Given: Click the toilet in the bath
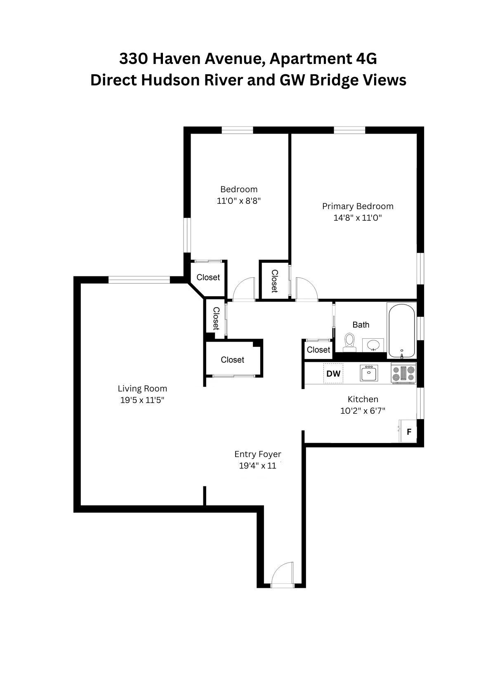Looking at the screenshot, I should pyautogui.click(x=350, y=342).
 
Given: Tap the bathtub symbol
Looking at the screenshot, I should pyautogui.click(x=401, y=330).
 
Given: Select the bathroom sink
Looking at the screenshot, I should pyautogui.click(x=374, y=345).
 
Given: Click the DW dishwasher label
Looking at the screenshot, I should pyautogui.click(x=333, y=374).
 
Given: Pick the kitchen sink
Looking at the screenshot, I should pyautogui.click(x=368, y=374).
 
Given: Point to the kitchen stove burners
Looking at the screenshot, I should pyautogui.click(x=404, y=374).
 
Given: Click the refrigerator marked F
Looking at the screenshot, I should pyautogui.click(x=408, y=432).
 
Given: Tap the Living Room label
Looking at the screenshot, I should pyautogui.click(x=142, y=389).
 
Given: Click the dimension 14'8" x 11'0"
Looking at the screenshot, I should pyautogui.click(x=358, y=218).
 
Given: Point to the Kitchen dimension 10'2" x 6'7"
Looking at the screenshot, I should pyautogui.click(x=363, y=411).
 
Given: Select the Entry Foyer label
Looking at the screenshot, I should pyautogui.click(x=258, y=454).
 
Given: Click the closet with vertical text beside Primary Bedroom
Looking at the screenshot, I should pyautogui.click(x=274, y=281).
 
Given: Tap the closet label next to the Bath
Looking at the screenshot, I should pyautogui.click(x=318, y=350).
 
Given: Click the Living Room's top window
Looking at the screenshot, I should pyautogui.click(x=139, y=280).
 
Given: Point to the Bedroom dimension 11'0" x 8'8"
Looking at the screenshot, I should pyautogui.click(x=239, y=201).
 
